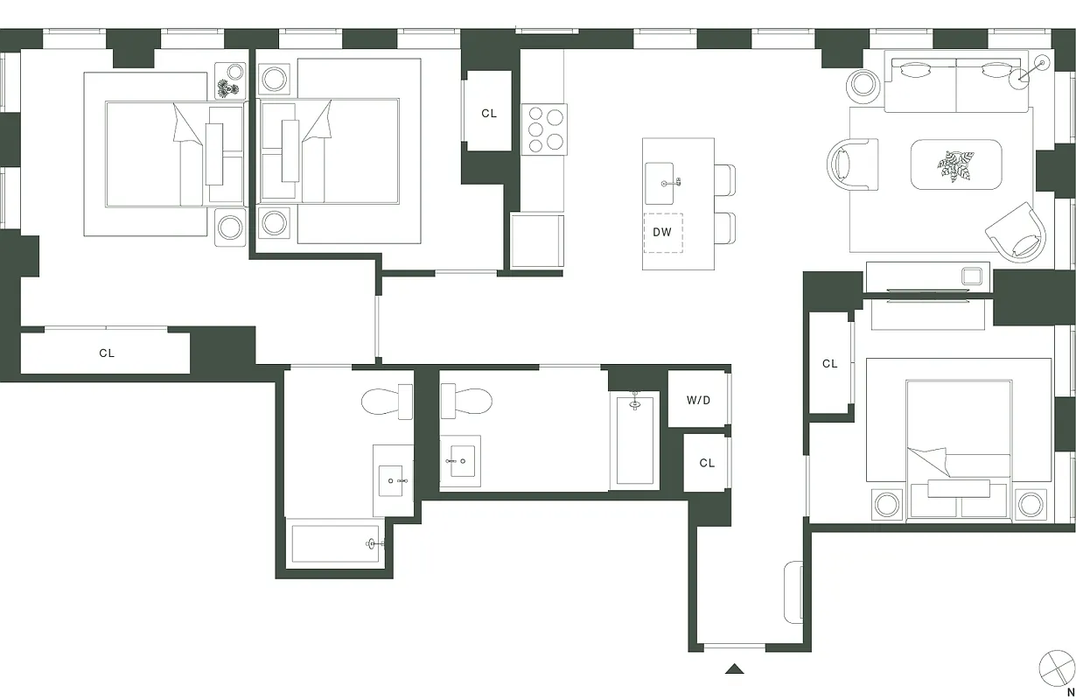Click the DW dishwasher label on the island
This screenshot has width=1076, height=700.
662,233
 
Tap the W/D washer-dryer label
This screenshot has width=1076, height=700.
698,401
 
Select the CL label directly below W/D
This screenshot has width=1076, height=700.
707,463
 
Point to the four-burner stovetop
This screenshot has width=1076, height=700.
544,129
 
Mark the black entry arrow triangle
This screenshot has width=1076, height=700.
735,669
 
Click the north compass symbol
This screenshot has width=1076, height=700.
1056,668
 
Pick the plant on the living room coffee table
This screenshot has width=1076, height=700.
954,164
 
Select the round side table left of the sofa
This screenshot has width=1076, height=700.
863,84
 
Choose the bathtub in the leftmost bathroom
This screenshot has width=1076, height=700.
336,543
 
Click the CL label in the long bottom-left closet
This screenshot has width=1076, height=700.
107,353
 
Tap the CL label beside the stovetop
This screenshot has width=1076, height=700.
489,114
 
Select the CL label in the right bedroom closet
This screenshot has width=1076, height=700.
829,363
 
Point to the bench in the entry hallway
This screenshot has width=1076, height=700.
794,592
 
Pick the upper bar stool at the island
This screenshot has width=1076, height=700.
725,180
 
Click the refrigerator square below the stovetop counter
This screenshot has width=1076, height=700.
536,241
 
